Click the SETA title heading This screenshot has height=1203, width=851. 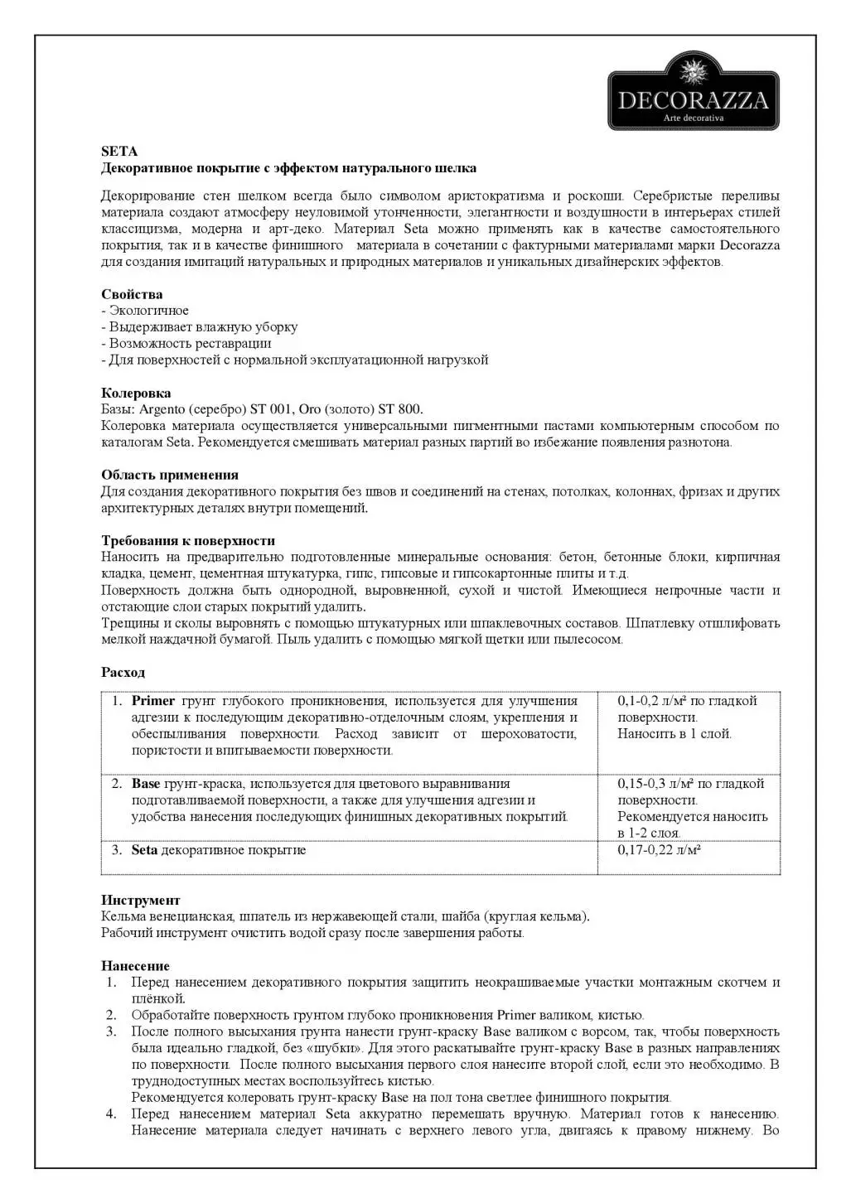click(x=119, y=152)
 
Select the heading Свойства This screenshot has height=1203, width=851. click(x=132, y=294)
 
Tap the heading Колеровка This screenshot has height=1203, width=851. click(x=136, y=393)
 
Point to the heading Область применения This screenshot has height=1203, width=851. click(x=170, y=475)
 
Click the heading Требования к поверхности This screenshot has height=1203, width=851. click(x=188, y=541)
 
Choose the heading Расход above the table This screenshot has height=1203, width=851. click(x=123, y=672)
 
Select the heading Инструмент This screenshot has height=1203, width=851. click(x=140, y=900)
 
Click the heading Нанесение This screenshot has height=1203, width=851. click(x=135, y=966)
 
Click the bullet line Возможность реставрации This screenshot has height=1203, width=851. click(x=190, y=343)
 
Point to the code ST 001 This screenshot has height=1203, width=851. click(x=266, y=409)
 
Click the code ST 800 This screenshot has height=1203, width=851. click(x=399, y=409)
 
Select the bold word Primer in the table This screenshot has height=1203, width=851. click(x=153, y=701)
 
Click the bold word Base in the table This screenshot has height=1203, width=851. click(x=146, y=784)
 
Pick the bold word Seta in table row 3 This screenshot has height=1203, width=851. click(x=144, y=850)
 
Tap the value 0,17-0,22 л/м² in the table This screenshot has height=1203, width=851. click(x=660, y=850)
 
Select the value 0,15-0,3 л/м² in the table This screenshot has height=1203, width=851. click(x=656, y=784)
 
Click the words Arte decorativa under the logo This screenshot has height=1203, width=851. click(x=694, y=118)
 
